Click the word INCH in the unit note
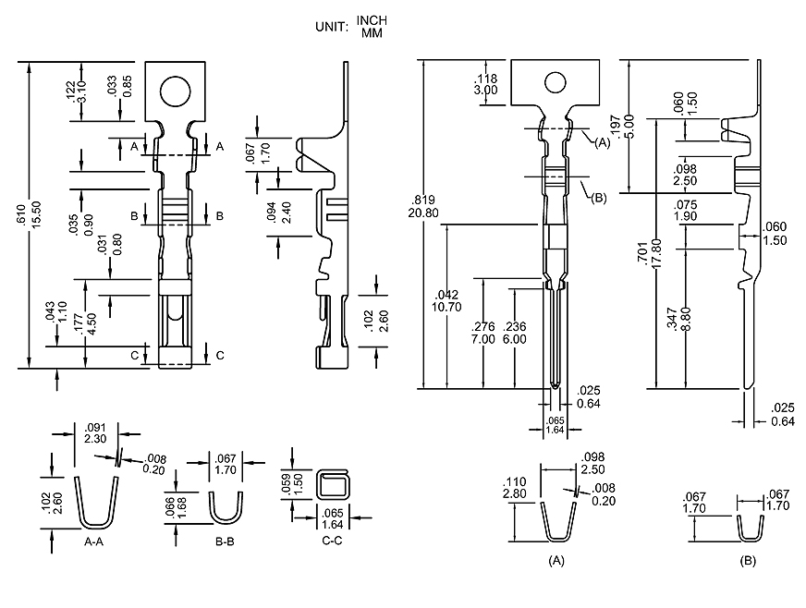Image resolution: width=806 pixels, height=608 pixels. [372, 21]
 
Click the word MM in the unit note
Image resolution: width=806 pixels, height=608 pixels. [372, 33]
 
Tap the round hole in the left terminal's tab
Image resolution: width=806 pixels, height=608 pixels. [174, 91]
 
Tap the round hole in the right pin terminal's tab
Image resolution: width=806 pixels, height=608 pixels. [555, 82]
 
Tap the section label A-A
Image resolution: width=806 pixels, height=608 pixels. [94, 542]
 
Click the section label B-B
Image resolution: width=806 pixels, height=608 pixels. [225, 542]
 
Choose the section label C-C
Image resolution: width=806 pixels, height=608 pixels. [333, 542]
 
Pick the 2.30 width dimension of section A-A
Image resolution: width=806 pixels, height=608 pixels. [94, 438]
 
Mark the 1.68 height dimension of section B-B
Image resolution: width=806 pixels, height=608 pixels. [183, 507]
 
